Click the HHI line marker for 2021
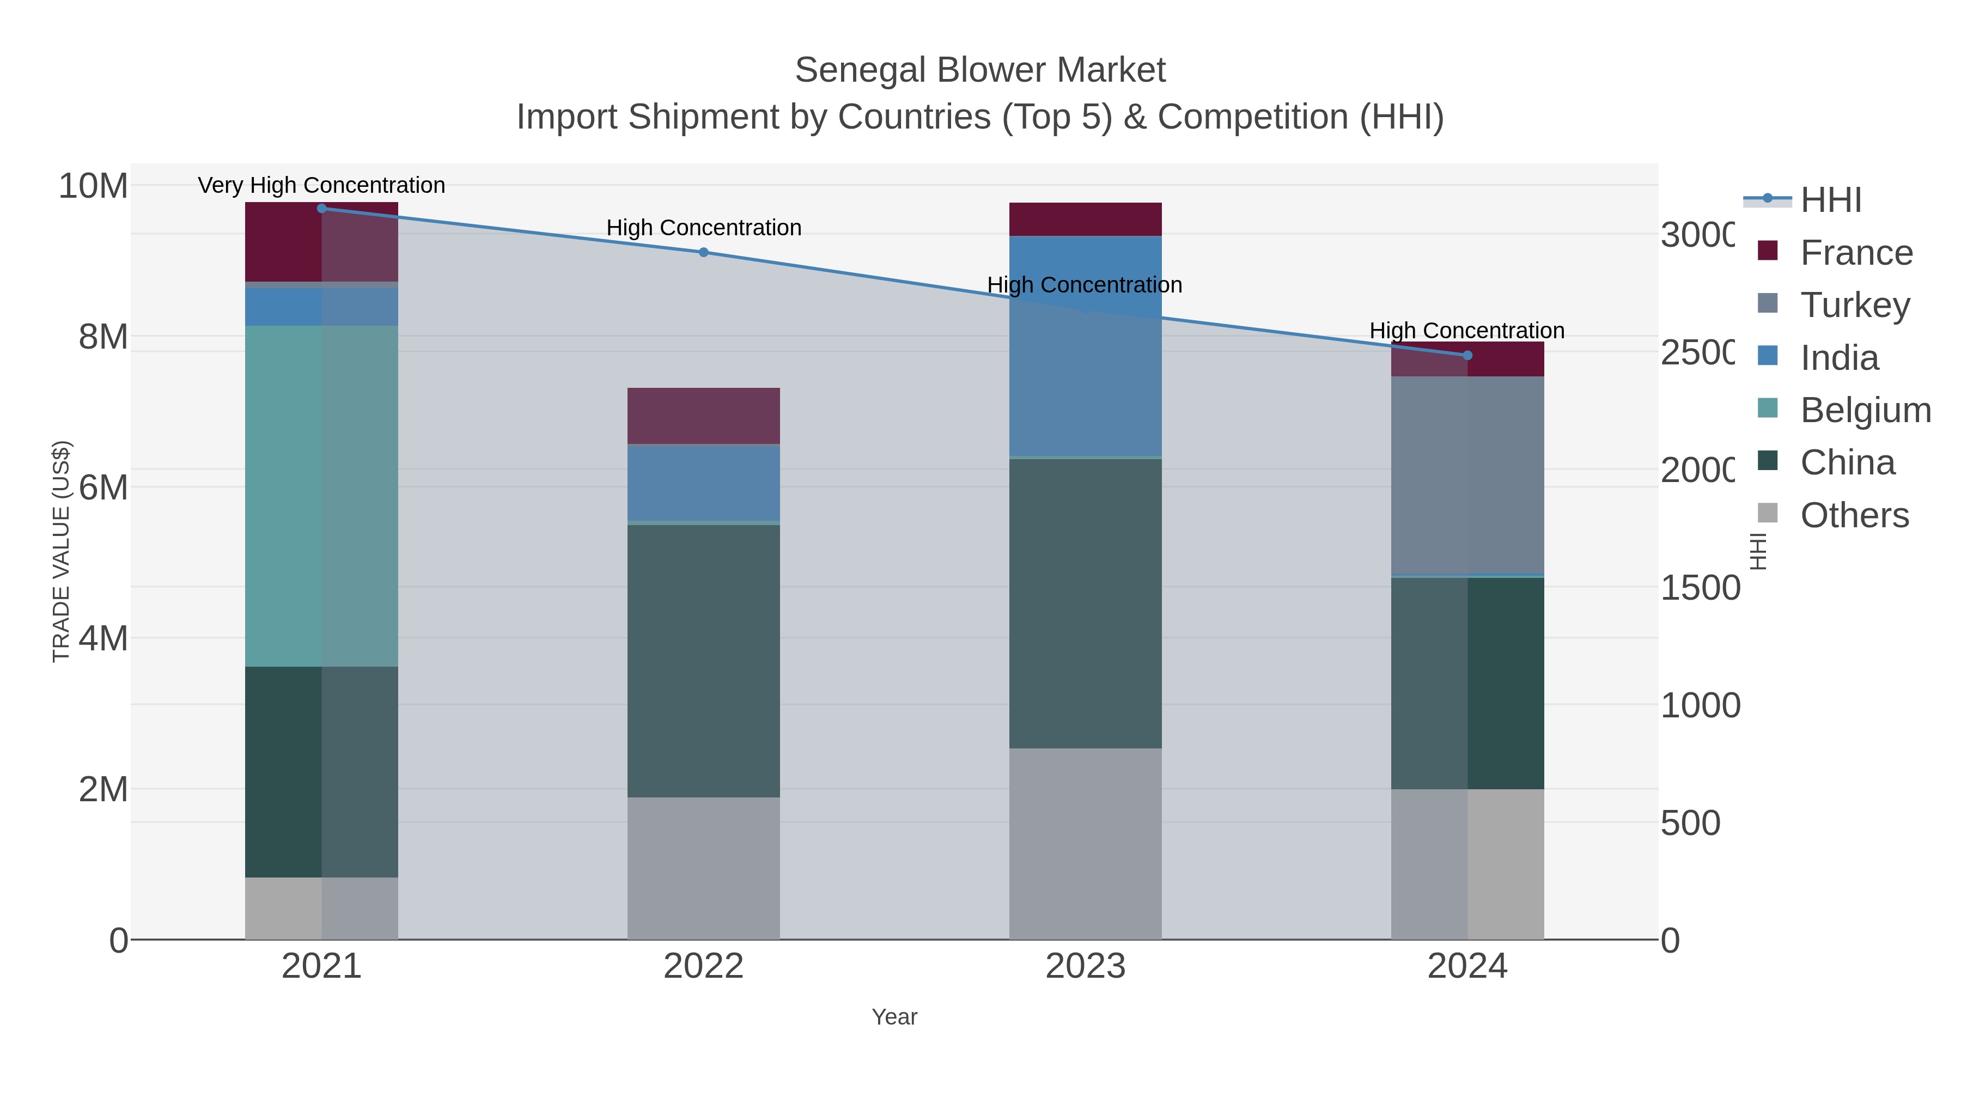(321, 208)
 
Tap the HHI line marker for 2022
(703, 252)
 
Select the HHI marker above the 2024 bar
(1467, 355)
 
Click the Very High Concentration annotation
(321, 185)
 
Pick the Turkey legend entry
(1854, 304)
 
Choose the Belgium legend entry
(1865, 410)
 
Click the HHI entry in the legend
(1831, 199)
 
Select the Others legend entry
(1854, 515)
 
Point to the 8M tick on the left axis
(103, 336)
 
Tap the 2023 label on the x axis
(1085, 966)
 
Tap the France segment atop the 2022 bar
(703, 416)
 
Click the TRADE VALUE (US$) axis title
(61, 551)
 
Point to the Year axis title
(894, 1016)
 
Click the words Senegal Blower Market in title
(980, 70)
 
